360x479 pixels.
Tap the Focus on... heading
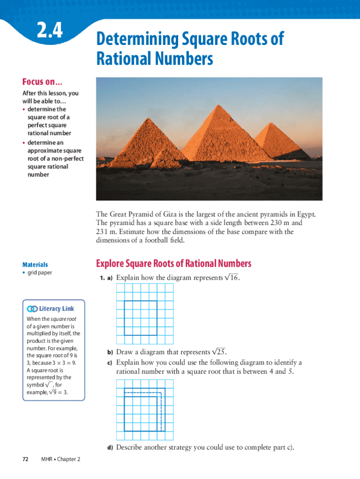tap(42, 82)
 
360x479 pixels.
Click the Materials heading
tap(35, 265)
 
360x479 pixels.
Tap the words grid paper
tap(40, 273)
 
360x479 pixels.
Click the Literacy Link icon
tap(32, 309)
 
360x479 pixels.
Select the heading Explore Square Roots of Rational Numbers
tap(173, 264)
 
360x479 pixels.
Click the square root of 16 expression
tap(232, 278)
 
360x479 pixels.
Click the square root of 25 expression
tap(219, 352)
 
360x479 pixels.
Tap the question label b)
tap(110, 352)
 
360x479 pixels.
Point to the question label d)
tap(110, 448)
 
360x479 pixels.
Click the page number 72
tap(26, 459)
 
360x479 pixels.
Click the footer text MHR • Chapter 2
tap(61, 459)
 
